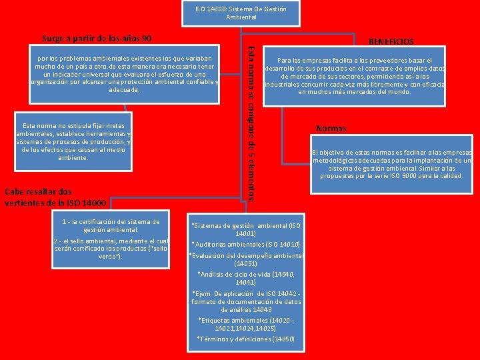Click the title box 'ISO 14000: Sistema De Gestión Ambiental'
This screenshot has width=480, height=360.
tap(241, 13)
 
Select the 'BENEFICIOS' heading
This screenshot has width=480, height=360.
tap(391, 41)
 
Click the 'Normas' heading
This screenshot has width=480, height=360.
tap(331, 129)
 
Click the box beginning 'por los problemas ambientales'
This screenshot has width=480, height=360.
tap(125, 75)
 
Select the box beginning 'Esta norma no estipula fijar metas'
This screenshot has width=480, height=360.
tap(73, 141)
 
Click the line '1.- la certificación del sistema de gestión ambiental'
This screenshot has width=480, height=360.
tap(110, 226)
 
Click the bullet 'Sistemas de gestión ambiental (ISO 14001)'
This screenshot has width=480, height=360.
tap(246, 230)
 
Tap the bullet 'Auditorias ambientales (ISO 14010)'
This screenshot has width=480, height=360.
tap(246, 245)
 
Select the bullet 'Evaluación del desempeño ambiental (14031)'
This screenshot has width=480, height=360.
tap(246, 259)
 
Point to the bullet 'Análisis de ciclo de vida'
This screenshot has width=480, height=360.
tap(246, 279)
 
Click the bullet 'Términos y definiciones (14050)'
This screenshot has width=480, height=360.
tap(246, 339)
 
